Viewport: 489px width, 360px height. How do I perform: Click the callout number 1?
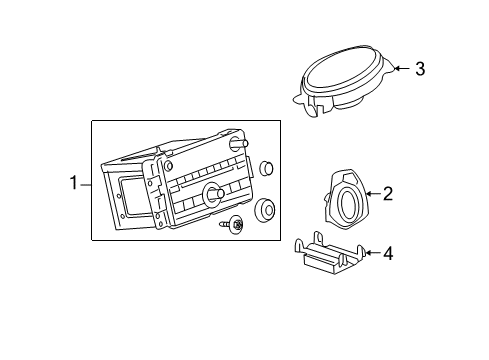point(72,183)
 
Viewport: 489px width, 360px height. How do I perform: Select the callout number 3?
point(420,69)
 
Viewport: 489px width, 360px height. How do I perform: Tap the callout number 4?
point(387,254)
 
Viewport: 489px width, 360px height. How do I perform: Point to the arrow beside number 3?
point(399,69)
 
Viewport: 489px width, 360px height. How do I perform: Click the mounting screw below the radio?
point(236,226)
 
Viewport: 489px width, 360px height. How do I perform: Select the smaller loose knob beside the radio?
point(267,168)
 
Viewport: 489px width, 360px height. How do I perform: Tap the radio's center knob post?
point(211,192)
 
